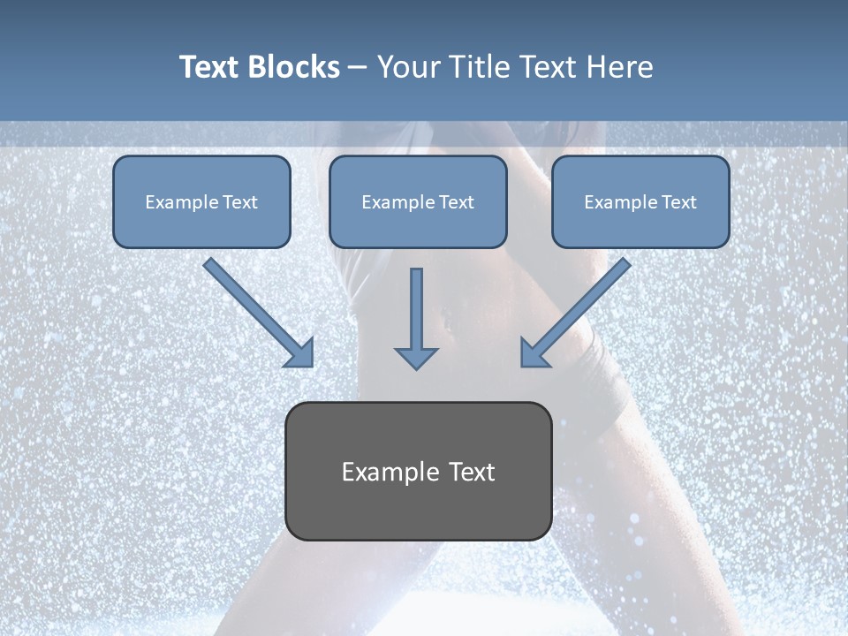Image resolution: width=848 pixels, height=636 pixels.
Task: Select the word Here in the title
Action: (620, 67)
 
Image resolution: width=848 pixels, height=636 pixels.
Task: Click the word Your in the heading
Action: (405, 67)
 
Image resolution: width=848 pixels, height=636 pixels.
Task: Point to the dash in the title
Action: (358, 68)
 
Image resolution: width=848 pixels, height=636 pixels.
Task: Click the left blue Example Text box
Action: (201, 201)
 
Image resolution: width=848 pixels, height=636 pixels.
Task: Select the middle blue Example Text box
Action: (418, 201)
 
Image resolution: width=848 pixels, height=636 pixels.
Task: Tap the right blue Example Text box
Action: (640, 201)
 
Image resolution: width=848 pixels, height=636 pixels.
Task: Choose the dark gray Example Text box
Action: (419, 472)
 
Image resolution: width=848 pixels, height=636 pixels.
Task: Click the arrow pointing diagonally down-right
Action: (256, 310)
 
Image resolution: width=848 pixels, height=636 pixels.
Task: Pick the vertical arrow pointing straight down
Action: (416, 314)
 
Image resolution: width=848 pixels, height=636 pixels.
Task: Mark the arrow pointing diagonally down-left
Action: (578, 310)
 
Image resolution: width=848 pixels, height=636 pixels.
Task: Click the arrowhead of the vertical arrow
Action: (416, 357)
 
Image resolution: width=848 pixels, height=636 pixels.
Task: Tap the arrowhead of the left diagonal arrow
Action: (300, 352)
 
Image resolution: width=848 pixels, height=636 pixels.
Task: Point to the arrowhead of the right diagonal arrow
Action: (534, 352)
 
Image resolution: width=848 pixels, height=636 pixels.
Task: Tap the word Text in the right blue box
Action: (678, 201)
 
